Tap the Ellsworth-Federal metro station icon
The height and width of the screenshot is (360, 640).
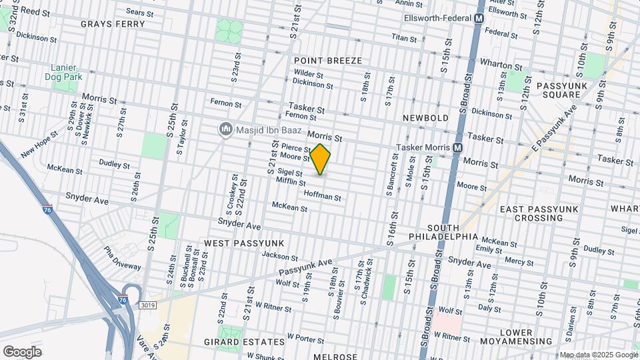pos(479,19)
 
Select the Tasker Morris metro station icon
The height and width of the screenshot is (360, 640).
pos(458,147)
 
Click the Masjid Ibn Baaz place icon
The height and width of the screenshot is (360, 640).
pos(225,130)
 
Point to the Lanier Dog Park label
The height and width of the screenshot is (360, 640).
pos(66,73)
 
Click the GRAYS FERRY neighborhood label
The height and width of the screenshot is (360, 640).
pos(113,24)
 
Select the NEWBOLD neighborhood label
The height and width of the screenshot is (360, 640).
pos(425,118)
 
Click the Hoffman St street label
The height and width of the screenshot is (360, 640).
pos(323,197)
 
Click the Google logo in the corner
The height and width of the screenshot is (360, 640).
pos(22,352)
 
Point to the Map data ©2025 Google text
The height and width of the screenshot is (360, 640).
pos(598,355)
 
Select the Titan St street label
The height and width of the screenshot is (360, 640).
pos(404,39)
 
